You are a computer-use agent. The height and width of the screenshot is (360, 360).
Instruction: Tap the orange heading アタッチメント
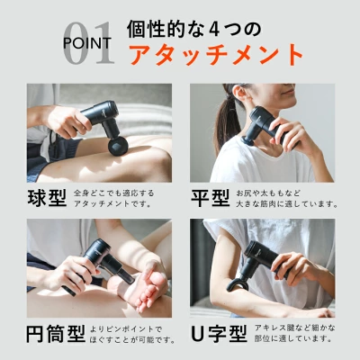pyautogui.click(x=216, y=54)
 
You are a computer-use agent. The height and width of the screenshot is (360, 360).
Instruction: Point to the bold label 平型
pyautogui.click(x=211, y=197)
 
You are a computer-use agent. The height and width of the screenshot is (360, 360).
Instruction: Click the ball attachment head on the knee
pyautogui.click(x=114, y=143)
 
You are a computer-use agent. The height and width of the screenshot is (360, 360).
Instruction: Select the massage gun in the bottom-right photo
pyautogui.click(x=256, y=261)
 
